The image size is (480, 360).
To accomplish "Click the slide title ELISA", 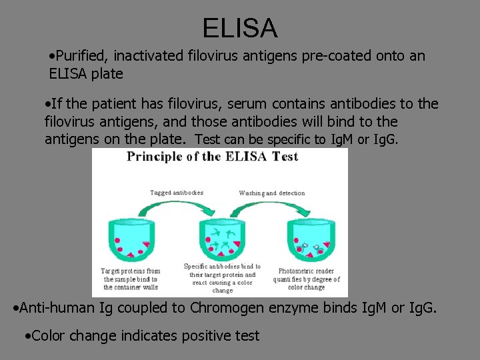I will pos(240,28).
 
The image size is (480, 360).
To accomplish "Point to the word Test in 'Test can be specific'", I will pos(206,139).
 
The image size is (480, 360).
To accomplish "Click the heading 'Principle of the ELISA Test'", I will pos(213,157).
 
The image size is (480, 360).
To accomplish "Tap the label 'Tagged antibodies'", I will pos(177,193).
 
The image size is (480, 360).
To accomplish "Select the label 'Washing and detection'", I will pos(272,193).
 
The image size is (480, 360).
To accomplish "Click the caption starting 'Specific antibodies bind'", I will pos(222,278).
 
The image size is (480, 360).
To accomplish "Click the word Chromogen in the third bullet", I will pos(224,308).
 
